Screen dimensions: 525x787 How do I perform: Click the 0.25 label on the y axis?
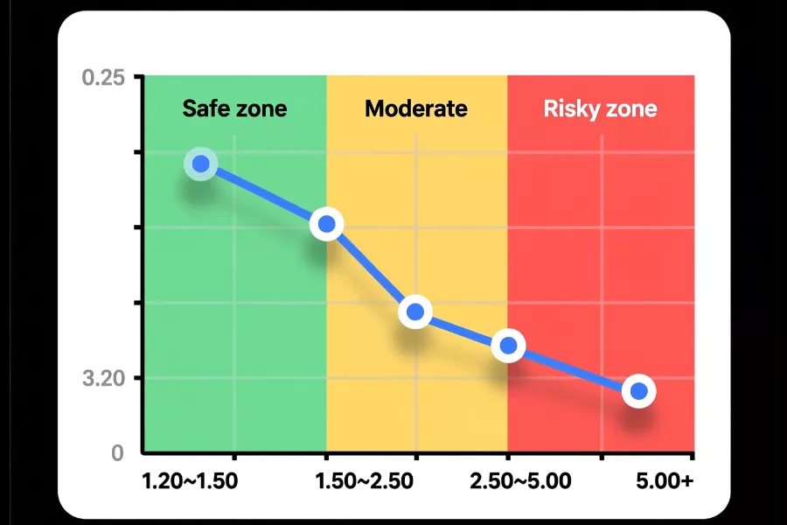pyautogui.click(x=105, y=77)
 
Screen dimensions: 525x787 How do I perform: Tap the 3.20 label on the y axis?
pyautogui.click(x=105, y=379)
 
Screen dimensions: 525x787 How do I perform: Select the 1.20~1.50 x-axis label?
pyautogui.click(x=190, y=482)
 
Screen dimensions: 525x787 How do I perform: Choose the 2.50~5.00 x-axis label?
pyautogui.click(x=520, y=482)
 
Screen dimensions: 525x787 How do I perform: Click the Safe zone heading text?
pyautogui.click(x=234, y=109)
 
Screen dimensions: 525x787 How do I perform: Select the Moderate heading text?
pyautogui.click(x=416, y=109)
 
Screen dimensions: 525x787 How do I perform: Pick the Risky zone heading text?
pyautogui.click(x=600, y=109)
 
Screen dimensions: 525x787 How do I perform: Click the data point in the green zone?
pyautogui.click(x=201, y=164)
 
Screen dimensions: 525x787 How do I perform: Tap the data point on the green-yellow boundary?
pyautogui.click(x=326, y=225)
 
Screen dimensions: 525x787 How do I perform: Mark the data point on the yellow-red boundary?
pyautogui.click(x=507, y=346)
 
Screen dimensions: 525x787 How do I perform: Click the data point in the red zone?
pyautogui.click(x=639, y=391)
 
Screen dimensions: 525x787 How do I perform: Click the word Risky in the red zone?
pyautogui.click(x=570, y=109)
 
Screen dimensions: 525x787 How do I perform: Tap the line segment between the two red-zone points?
pyautogui.click(x=573, y=368)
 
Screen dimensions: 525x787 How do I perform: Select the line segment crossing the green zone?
pyautogui.click(x=263, y=194)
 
